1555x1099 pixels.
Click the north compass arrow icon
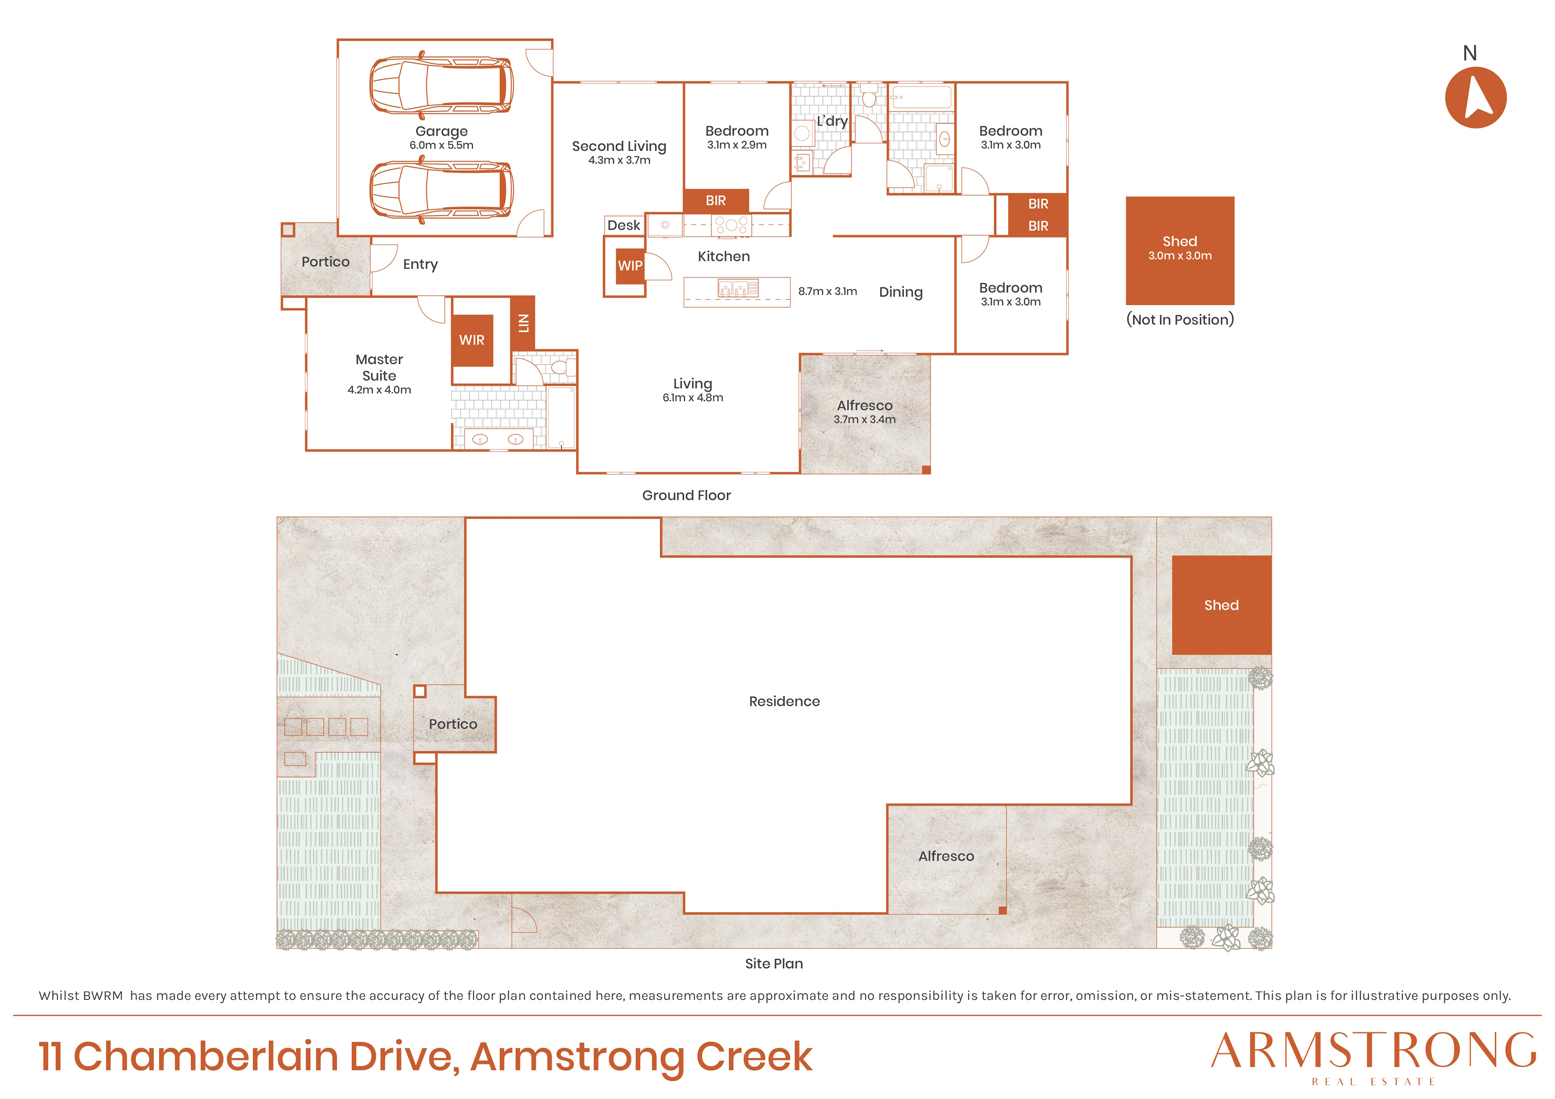click(1475, 97)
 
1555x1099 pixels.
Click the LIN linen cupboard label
click(523, 323)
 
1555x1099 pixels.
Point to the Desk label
click(623, 226)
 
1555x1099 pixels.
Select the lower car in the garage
click(441, 190)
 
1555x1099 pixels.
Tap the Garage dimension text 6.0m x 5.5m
click(441, 146)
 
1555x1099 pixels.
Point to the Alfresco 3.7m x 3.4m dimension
click(864, 420)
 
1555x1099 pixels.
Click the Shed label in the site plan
click(1221, 605)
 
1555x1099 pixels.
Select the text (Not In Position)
click(1180, 320)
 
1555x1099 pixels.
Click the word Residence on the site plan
click(784, 701)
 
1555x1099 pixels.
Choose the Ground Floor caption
click(687, 496)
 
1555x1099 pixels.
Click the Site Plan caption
click(774, 963)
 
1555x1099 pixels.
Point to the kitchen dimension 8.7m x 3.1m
click(828, 291)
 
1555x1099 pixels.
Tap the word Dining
click(901, 292)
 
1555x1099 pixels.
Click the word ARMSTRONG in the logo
click(1374, 1051)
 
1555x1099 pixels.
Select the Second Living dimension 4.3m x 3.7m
click(619, 160)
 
